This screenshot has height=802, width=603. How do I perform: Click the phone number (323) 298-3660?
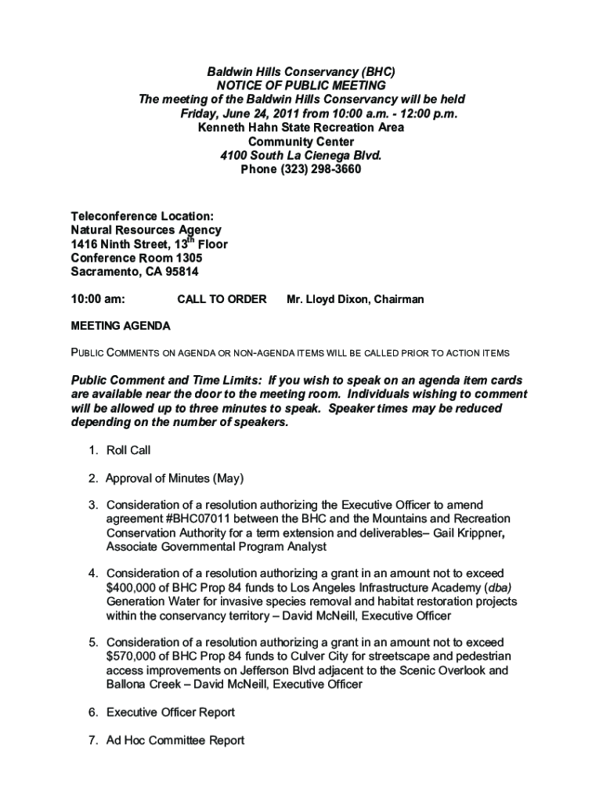[x=320, y=169]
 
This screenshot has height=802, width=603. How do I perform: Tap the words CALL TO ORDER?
[x=222, y=299]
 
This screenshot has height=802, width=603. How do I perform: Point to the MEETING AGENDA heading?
[x=121, y=326]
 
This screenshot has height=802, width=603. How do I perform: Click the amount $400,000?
[x=135, y=587]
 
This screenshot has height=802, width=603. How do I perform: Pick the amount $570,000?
[x=135, y=656]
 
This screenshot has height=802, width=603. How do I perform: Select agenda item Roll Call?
[x=128, y=450]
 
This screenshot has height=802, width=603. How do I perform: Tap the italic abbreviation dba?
[x=500, y=587]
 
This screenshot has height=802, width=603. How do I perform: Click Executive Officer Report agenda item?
[x=171, y=712]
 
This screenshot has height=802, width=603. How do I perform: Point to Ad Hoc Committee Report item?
[x=175, y=739]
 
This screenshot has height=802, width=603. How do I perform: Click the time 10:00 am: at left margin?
[x=98, y=299]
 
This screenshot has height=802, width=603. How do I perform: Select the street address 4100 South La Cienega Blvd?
[x=301, y=155]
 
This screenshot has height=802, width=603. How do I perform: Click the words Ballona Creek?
[x=142, y=685]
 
